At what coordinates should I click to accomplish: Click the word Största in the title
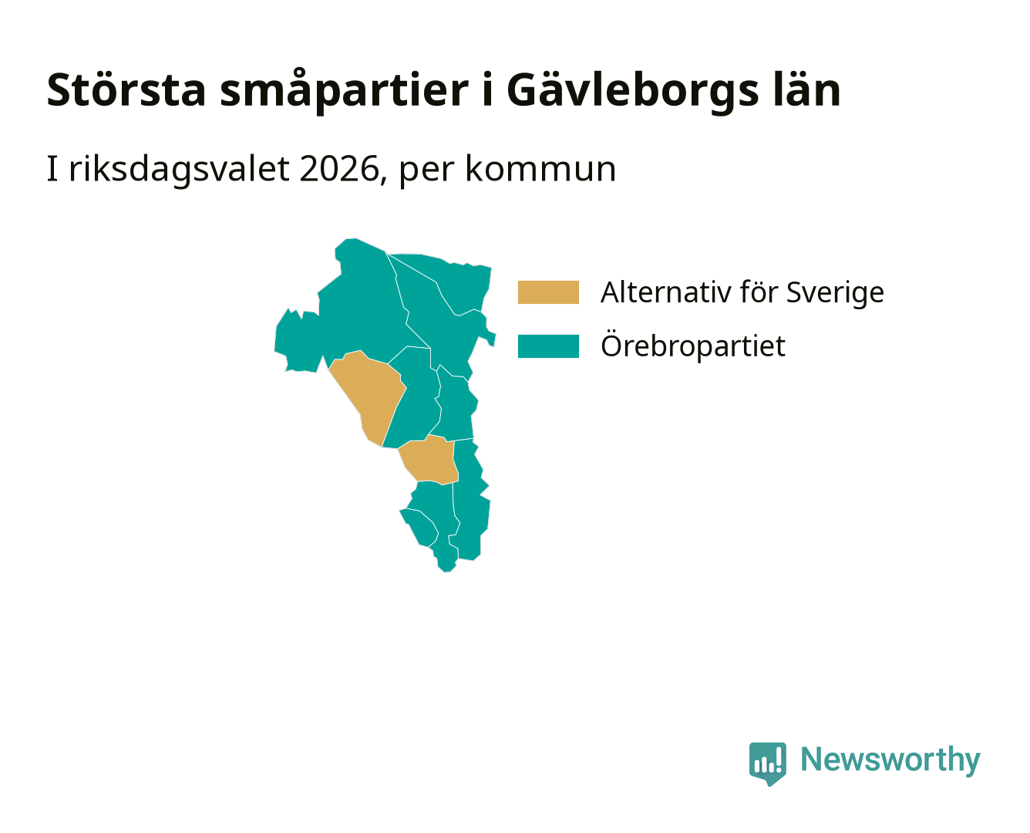pyautogui.click(x=126, y=90)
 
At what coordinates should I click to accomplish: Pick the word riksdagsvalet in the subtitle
pyautogui.click(x=179, y=170)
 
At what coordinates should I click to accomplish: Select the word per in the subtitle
pyautogui.click(x=426, y=173)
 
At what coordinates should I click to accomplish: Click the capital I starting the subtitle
pyautogui.click(x=52, y=169)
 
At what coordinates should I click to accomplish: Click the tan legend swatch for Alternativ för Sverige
pyautogui.click(x=548, y=292)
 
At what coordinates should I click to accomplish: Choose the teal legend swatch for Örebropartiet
pyautogui.click(x=548, y=346)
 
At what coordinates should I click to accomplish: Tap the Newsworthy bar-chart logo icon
pyautogui.click(x=767, y=764)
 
